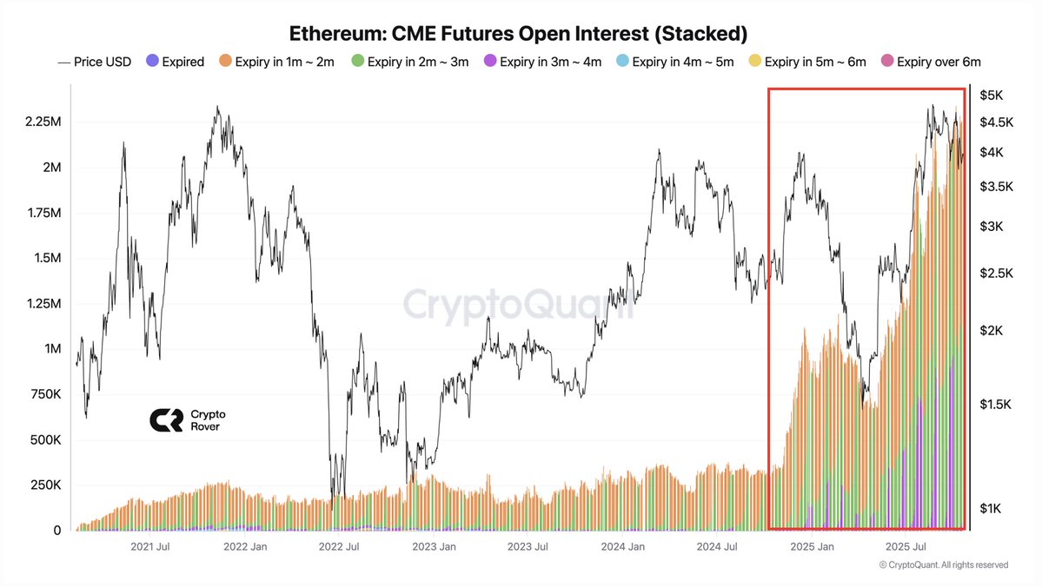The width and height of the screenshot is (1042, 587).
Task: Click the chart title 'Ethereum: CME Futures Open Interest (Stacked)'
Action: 517,33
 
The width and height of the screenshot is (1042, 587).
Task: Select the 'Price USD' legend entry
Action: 95,62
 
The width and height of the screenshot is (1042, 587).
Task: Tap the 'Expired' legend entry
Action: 176,62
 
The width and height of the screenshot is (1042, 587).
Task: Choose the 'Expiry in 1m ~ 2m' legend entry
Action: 276,62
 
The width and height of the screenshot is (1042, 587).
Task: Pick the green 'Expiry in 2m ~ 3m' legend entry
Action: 410,62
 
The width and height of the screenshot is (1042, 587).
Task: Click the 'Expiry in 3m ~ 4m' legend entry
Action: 543,62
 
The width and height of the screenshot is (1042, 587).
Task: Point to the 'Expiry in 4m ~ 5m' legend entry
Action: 676,62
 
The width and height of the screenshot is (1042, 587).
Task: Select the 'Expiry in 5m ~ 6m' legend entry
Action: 809,62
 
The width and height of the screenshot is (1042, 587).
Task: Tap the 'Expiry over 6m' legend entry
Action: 932,62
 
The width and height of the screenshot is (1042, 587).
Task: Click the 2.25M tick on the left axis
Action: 43,122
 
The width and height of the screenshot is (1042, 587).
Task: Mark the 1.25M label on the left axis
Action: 43,304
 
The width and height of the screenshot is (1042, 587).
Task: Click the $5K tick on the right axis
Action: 992,95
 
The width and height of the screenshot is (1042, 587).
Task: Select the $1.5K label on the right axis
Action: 995,404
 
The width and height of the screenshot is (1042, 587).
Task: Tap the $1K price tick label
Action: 992,508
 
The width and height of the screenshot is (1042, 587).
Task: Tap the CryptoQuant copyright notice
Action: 943,564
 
